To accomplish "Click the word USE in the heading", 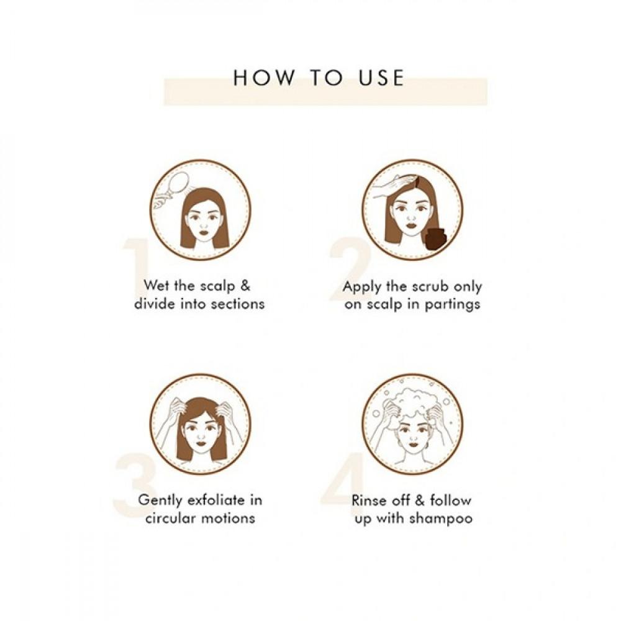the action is click(x=381, y=78).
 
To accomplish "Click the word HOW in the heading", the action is click(x=263, y=78).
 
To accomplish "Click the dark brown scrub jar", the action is click(x=435, y=238).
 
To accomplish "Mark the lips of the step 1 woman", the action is click(x=204, y=232).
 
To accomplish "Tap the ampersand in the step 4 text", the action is click(x=420, y=501).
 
